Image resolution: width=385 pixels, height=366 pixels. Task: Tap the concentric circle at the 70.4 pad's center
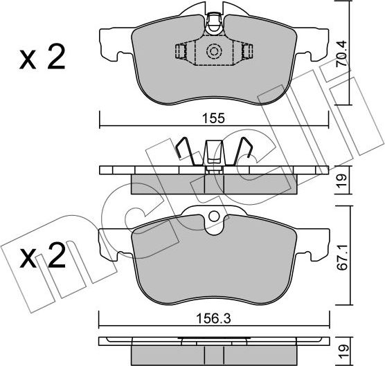point(214,51)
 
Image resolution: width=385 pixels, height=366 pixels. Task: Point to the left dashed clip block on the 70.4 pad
point(181,52)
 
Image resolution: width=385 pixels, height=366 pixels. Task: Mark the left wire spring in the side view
point(183,152)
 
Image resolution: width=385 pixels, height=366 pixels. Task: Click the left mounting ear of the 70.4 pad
point(113,43)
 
